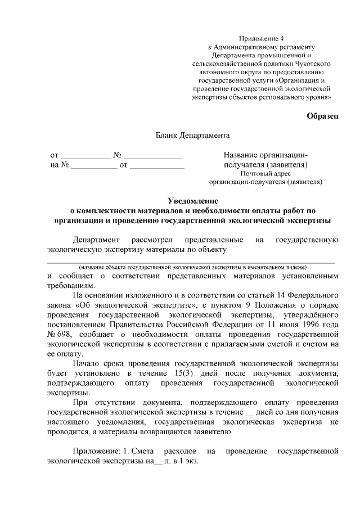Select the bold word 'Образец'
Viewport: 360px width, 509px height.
(322, 116)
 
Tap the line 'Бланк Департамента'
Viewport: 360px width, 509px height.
(192, 136)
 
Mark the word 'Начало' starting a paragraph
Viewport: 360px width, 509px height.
(87, 365)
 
